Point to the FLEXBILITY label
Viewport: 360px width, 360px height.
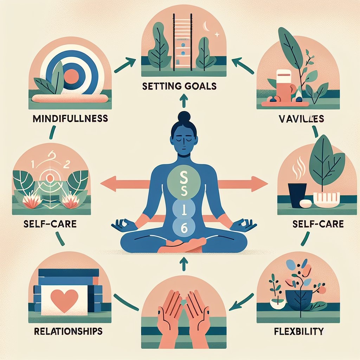[298, 331]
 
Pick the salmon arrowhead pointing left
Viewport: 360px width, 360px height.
[107, 183]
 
